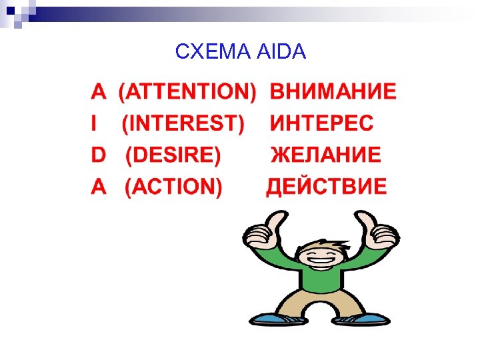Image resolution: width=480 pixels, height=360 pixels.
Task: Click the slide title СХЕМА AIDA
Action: click(x=240, y=51)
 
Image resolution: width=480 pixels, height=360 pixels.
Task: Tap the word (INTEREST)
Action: click(x=183, y=123)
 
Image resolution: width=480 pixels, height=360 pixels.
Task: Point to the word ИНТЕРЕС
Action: click(x=322, y=123)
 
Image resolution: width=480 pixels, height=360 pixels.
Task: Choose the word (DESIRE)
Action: click(x=173, y=155)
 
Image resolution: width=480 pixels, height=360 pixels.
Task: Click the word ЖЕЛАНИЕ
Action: click(x=326, y=155)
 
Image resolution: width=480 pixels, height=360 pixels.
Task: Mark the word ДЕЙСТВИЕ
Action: click(x=327, y=187)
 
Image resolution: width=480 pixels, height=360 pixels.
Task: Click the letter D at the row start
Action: click(x=98, y=155)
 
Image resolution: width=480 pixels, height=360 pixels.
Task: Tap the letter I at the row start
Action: click(x=94, y=123)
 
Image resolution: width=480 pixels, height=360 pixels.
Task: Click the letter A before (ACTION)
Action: click(x=98, y=187)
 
